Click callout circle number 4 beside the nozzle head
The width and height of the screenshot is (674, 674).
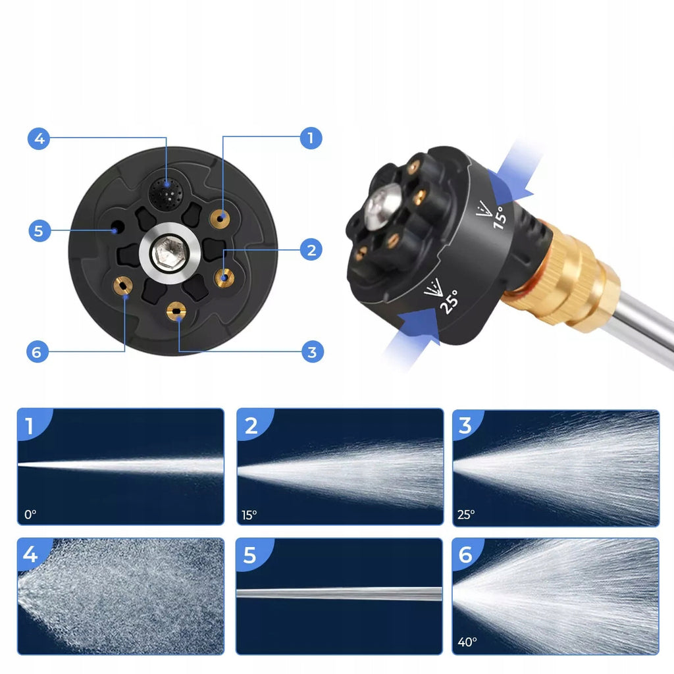coord(39,138)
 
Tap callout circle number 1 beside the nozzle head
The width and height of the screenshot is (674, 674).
coord(311,138)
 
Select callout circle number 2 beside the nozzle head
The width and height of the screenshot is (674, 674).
coord(311,249)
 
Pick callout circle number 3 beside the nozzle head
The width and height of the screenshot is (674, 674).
coord(313,352)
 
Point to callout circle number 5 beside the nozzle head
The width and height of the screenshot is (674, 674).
coord(39,231)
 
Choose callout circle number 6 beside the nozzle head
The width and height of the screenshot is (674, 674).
coord(38,352)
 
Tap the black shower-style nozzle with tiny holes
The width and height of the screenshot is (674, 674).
coord(165,194)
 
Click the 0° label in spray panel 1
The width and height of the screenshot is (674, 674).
coord(30,514)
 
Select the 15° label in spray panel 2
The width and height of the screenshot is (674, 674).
coord(249,515)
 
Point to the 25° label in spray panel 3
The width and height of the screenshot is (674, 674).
coord(466,514)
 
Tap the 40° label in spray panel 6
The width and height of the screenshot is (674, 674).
coord(467,642)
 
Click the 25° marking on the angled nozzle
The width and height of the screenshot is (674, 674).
coord(449,301)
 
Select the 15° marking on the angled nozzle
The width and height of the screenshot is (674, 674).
coord(499,217)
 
